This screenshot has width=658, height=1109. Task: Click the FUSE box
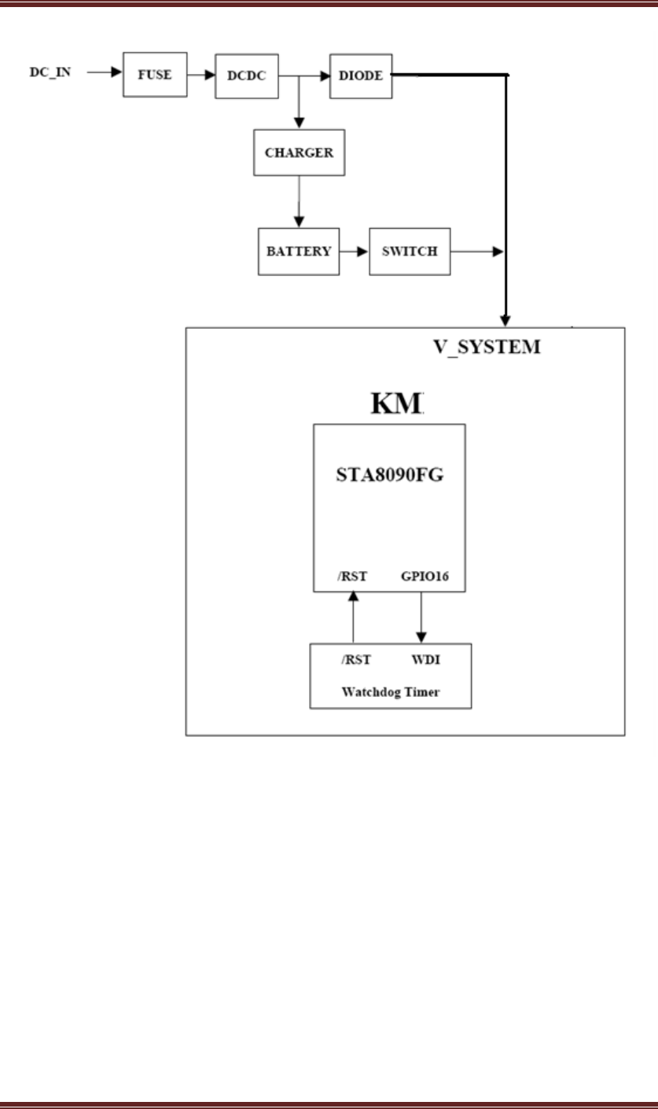(155, 75)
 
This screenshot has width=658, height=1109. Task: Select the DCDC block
(247, 76)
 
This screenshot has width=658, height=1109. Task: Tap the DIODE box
(360, 76)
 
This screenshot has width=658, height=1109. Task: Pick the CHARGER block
(299, 153)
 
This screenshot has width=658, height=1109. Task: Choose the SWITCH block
(410, 252)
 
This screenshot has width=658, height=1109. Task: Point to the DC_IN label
(50, 74)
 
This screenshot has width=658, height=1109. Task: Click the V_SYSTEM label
(487, 346)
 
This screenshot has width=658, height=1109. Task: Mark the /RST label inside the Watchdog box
(356, 659)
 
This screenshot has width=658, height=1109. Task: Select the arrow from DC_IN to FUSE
(103, 75)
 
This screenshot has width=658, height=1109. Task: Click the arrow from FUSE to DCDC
(200, 76)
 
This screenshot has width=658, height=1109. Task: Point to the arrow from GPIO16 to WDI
(421, 617)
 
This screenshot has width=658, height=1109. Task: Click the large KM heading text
(398, 403)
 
